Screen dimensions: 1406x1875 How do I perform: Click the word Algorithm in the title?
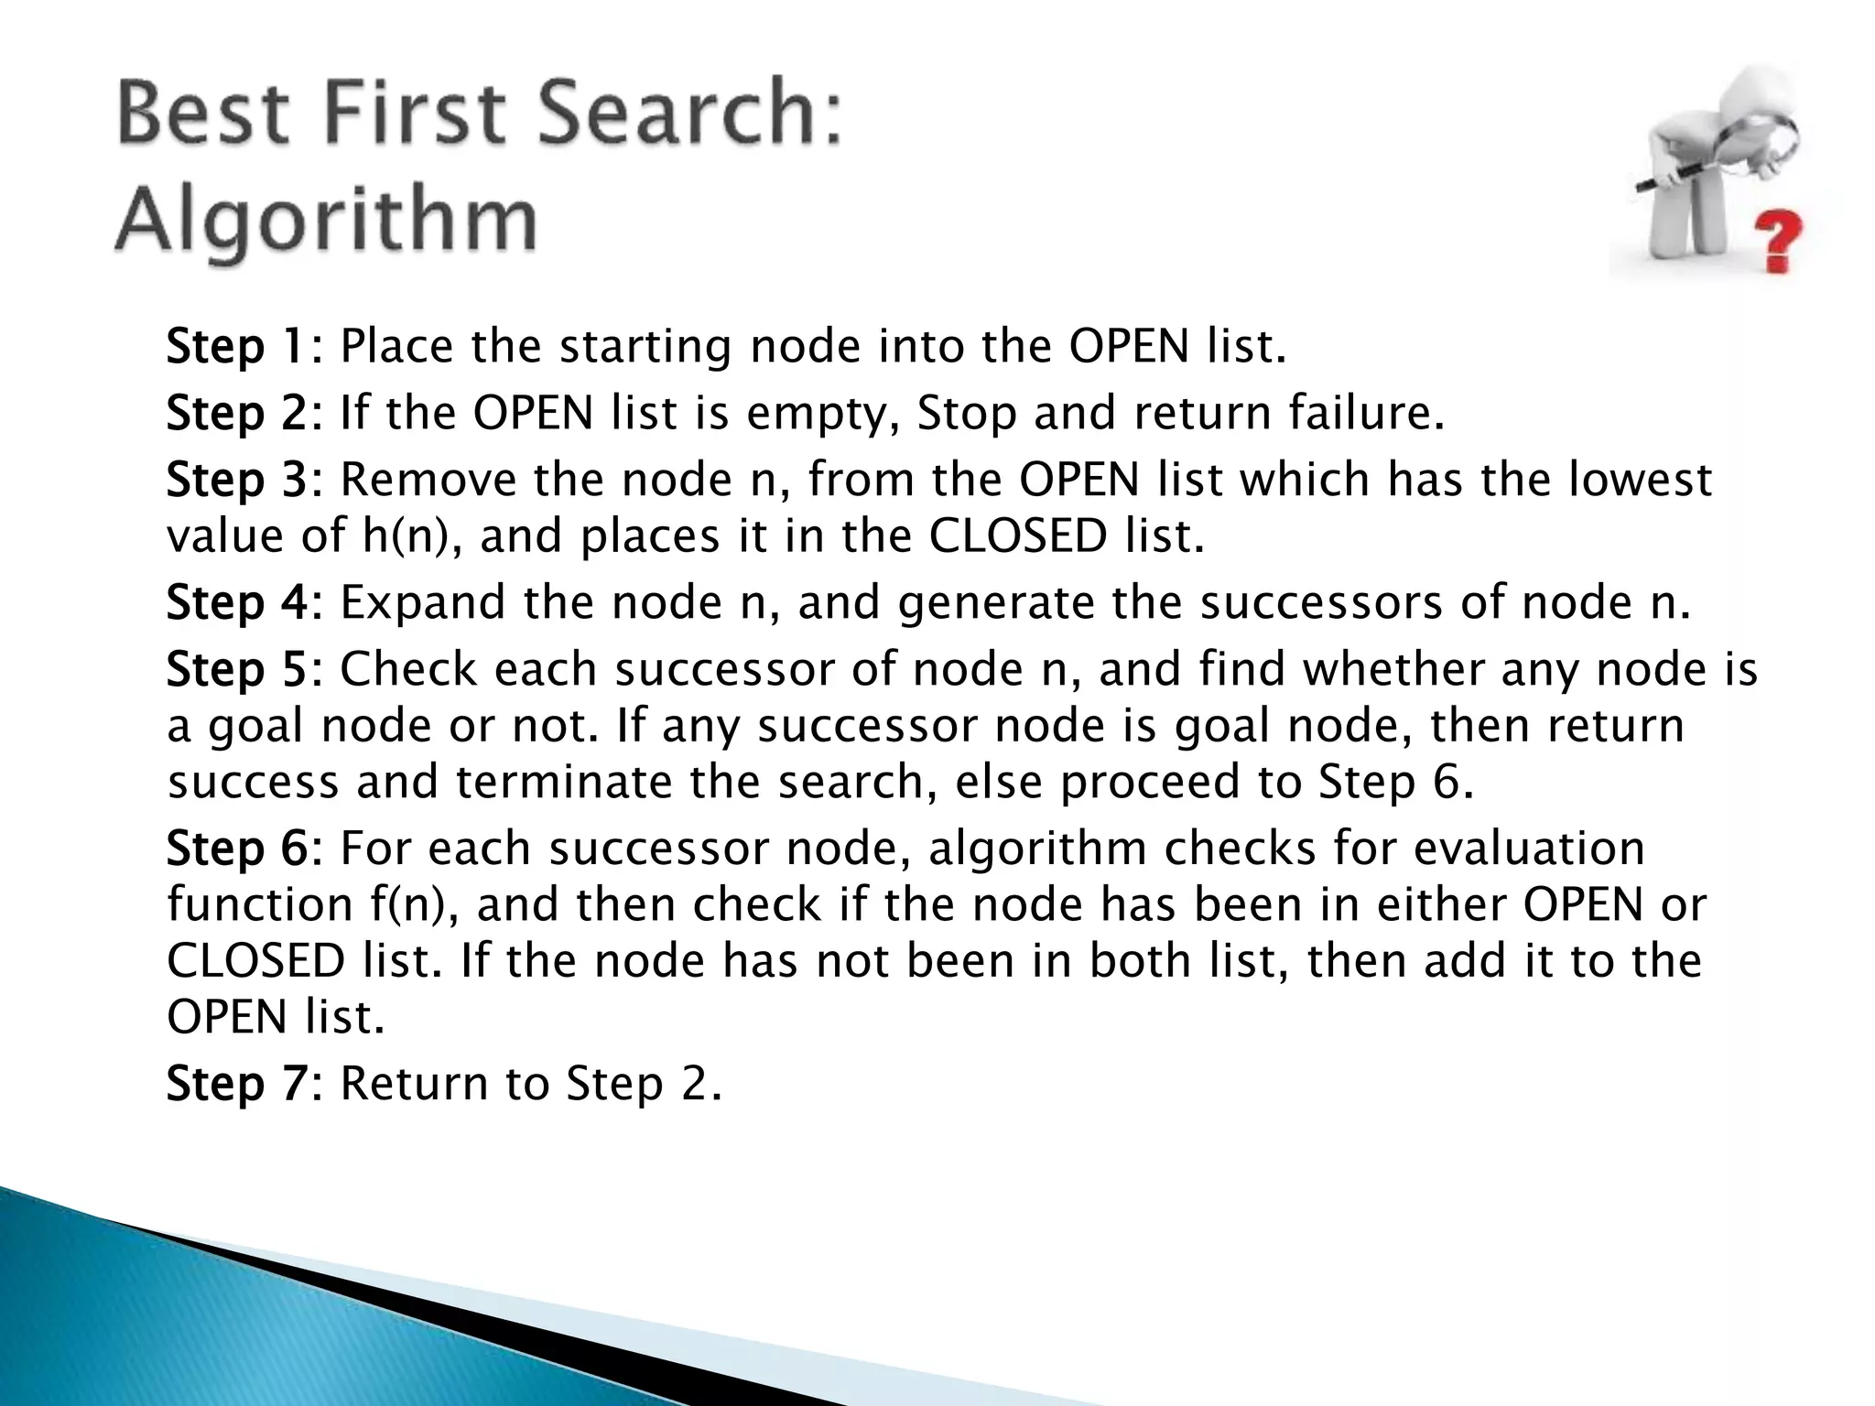click(x=326, y=221)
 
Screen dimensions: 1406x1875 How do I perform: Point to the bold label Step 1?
click(x=237, y=348)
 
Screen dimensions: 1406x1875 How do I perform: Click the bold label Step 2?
click(x=238, y=414)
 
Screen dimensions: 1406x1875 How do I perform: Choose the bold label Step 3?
click(x=238, y=481)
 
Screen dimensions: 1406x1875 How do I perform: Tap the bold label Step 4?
click(x=238, y=603)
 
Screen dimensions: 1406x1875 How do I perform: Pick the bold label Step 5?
click(x=238, y=670)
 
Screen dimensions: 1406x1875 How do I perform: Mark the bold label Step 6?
click(x=238, y=849)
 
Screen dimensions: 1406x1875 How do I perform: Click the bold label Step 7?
click(x=238, y=1084)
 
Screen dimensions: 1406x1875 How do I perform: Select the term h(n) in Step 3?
click(x=408, y=537)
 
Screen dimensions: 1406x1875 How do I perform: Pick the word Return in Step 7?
click(x=415, y=1084)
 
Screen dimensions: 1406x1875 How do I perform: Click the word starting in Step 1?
click(x=645, y=348)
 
